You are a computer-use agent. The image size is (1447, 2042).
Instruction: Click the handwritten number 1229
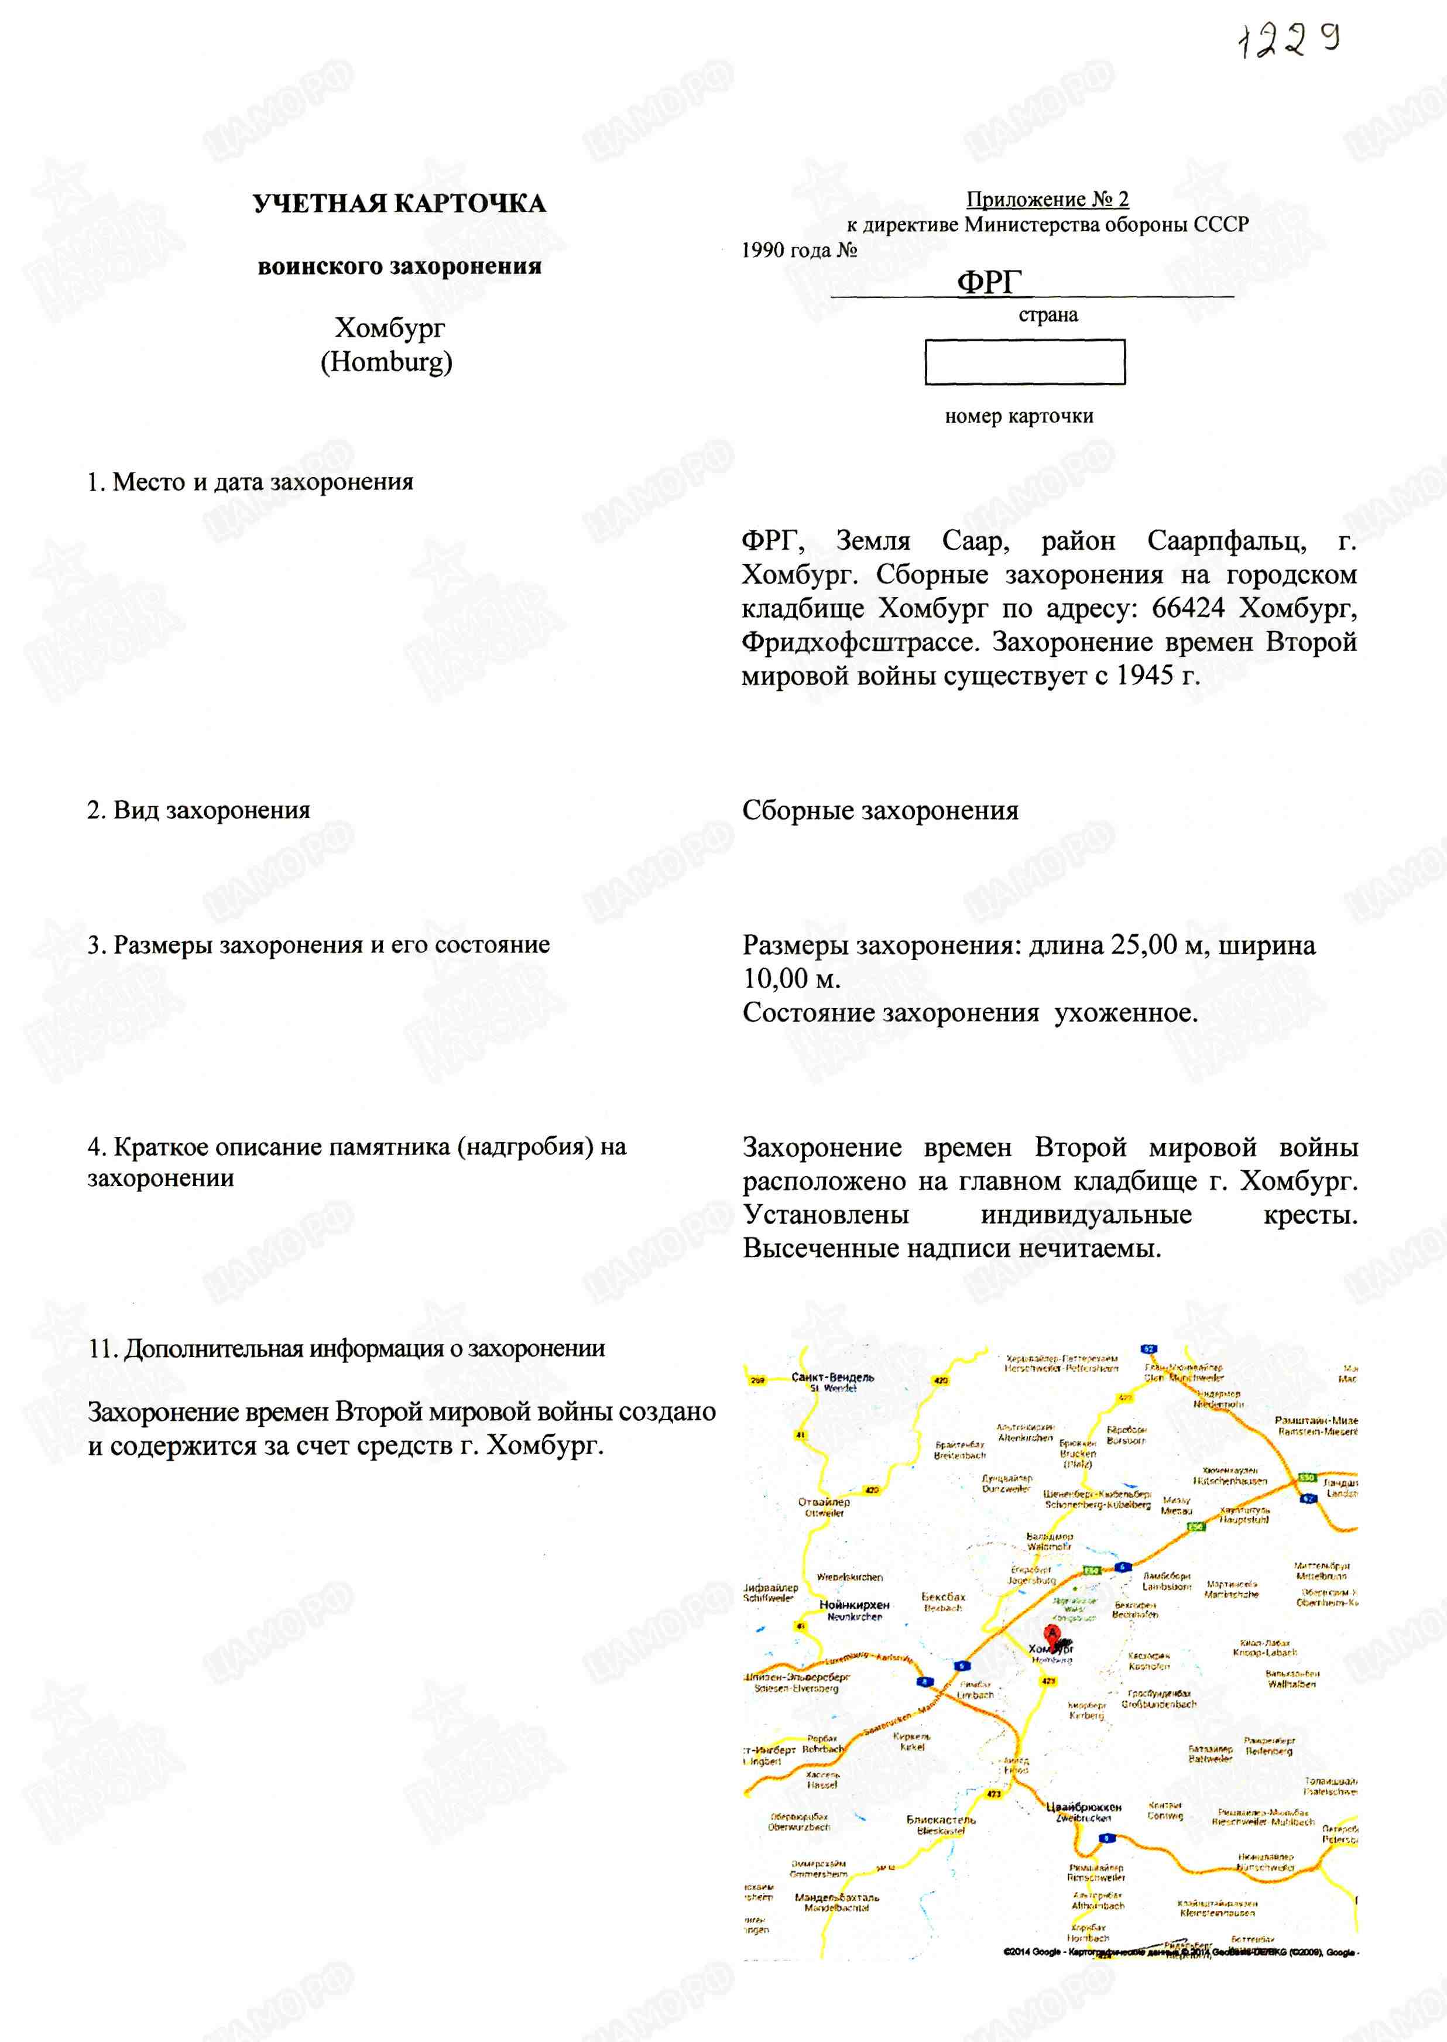(x=1290, y=39)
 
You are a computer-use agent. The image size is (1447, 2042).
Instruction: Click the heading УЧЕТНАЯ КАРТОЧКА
(x=399, y=204)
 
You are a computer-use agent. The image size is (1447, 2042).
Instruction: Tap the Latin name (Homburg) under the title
(x=387, y=362)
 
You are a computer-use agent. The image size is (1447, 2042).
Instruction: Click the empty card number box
(x=1024, y=362)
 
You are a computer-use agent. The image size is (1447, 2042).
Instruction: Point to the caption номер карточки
(x=1019, y=416)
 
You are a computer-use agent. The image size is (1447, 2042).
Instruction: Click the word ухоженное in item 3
(x=1125, y=1012)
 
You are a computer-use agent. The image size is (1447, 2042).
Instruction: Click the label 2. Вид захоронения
(x=198, y=810)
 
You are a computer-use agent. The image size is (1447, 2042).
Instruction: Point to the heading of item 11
(x=347, y=1348)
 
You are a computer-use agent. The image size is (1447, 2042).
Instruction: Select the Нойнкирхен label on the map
(x=853, y=1605)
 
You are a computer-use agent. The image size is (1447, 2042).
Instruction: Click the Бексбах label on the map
(x=942, y=1596)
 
